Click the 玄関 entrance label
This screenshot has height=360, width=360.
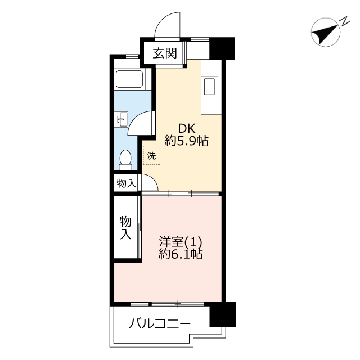click(x=165, y=53)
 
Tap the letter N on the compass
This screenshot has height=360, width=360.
click(x=344, y=21)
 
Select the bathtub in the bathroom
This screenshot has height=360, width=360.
click(x=129, y=79)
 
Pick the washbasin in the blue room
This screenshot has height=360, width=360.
click(x=121, y=119)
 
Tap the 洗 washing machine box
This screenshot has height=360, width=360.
click(x=151, y=155)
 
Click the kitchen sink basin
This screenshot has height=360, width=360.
click(x=209, y=87)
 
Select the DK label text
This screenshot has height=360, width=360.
click(x=187, y=128)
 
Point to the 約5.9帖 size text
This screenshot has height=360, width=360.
click(x=186, y=141)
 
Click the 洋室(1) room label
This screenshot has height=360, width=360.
click(x=181, y=241)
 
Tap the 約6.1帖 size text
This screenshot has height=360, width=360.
click(x=181, y=254)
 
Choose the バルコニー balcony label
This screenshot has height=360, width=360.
click(x=160, y=324)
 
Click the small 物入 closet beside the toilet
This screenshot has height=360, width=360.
click(x=126, y=183)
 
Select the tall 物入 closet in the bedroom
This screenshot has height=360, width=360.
click(x=125, y=228)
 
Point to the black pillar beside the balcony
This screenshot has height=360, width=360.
click(x=223, y=314)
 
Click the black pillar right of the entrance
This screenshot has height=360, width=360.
click(x=222, y=48)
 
